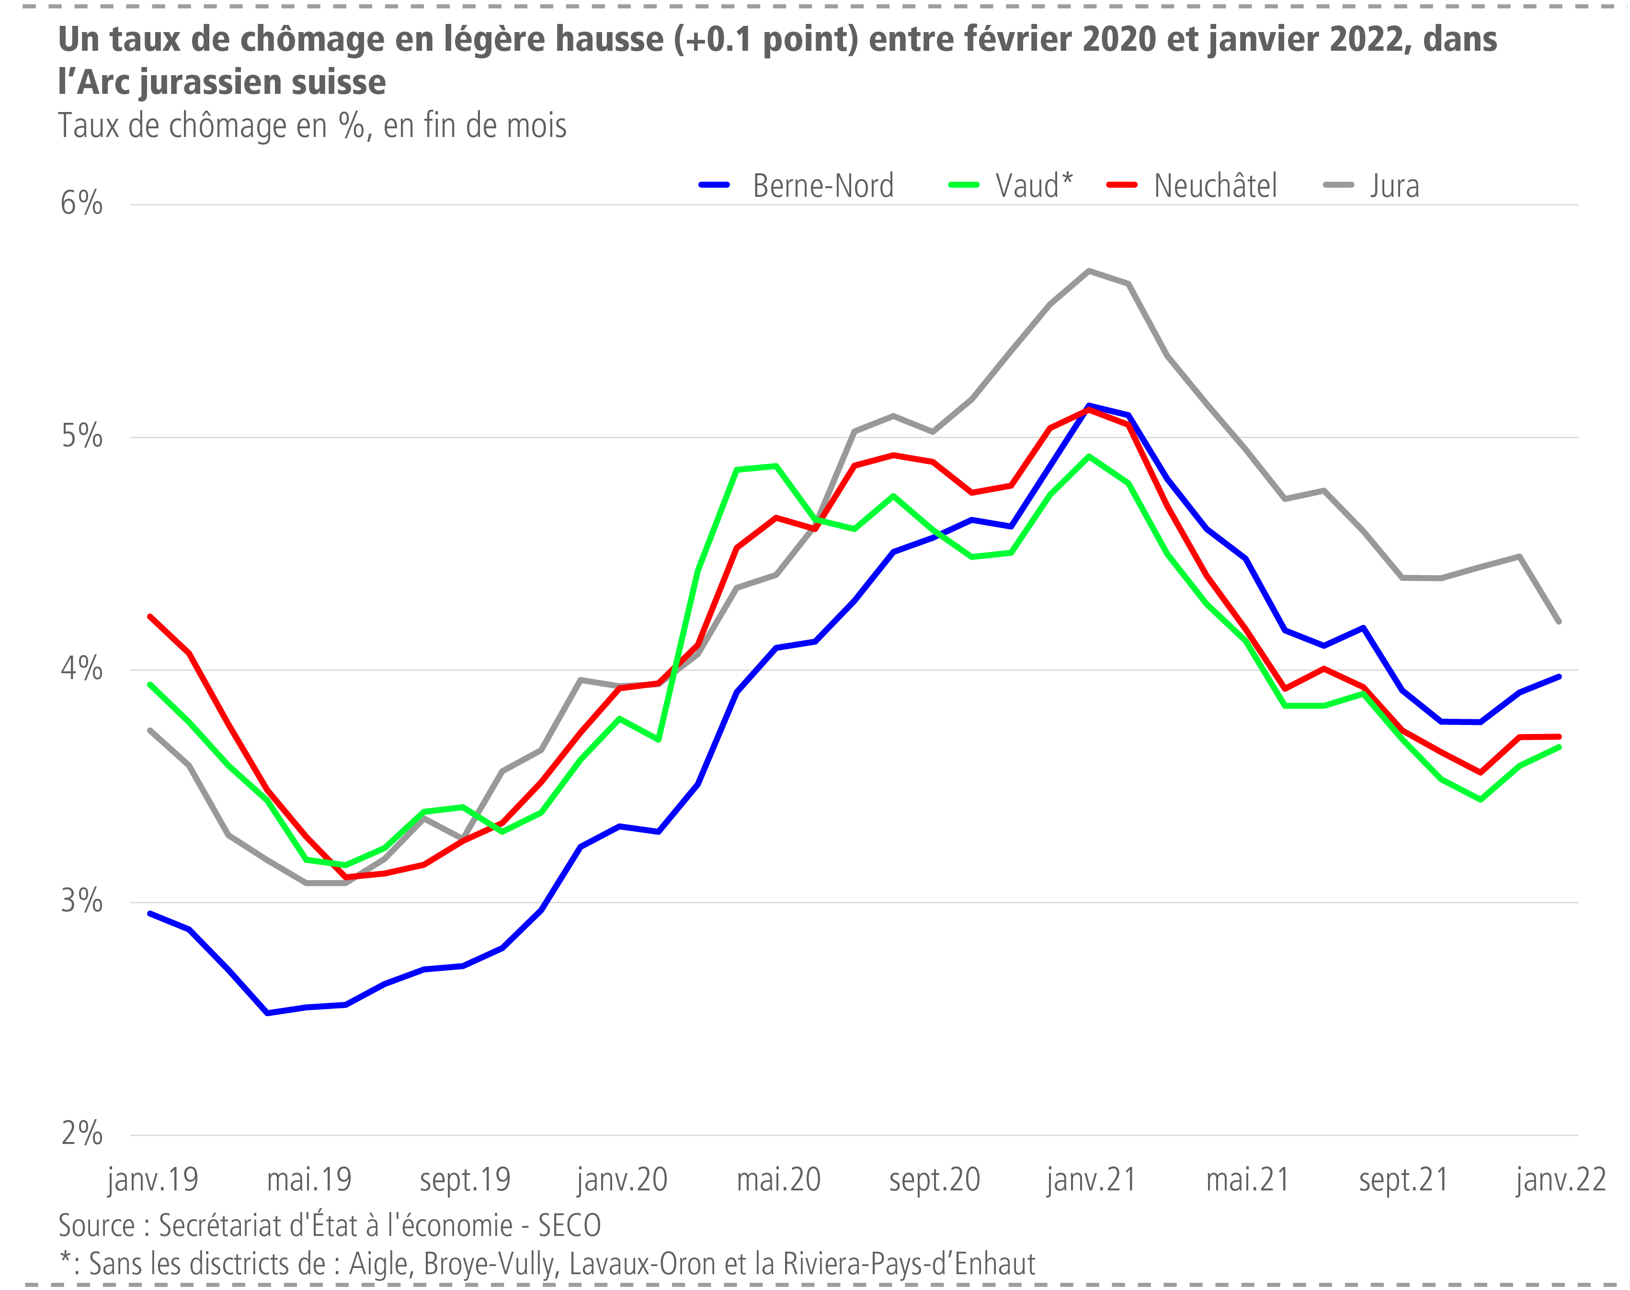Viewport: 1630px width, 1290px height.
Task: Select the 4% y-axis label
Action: [x=81, y=668]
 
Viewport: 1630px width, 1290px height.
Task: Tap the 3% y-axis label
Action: [x=81, y=901]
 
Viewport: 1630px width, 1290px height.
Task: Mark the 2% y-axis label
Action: [x=81, y=1134]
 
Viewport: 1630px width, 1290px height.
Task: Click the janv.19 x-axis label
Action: [x=153, y=1180]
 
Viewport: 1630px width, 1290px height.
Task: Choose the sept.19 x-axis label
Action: [x=465, y=1180]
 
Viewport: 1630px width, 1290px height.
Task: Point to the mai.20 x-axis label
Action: [x=778, y=1180]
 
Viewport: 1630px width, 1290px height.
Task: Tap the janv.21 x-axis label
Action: [x=1091, y=1180]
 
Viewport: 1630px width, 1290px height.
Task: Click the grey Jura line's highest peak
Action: [x=1088, y=271]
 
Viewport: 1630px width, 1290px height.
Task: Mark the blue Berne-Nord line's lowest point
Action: [x=267, y=1013]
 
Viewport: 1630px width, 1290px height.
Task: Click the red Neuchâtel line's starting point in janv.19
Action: [x=150, y=616]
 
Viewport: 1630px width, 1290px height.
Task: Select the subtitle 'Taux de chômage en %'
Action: [x=214, y=126]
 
